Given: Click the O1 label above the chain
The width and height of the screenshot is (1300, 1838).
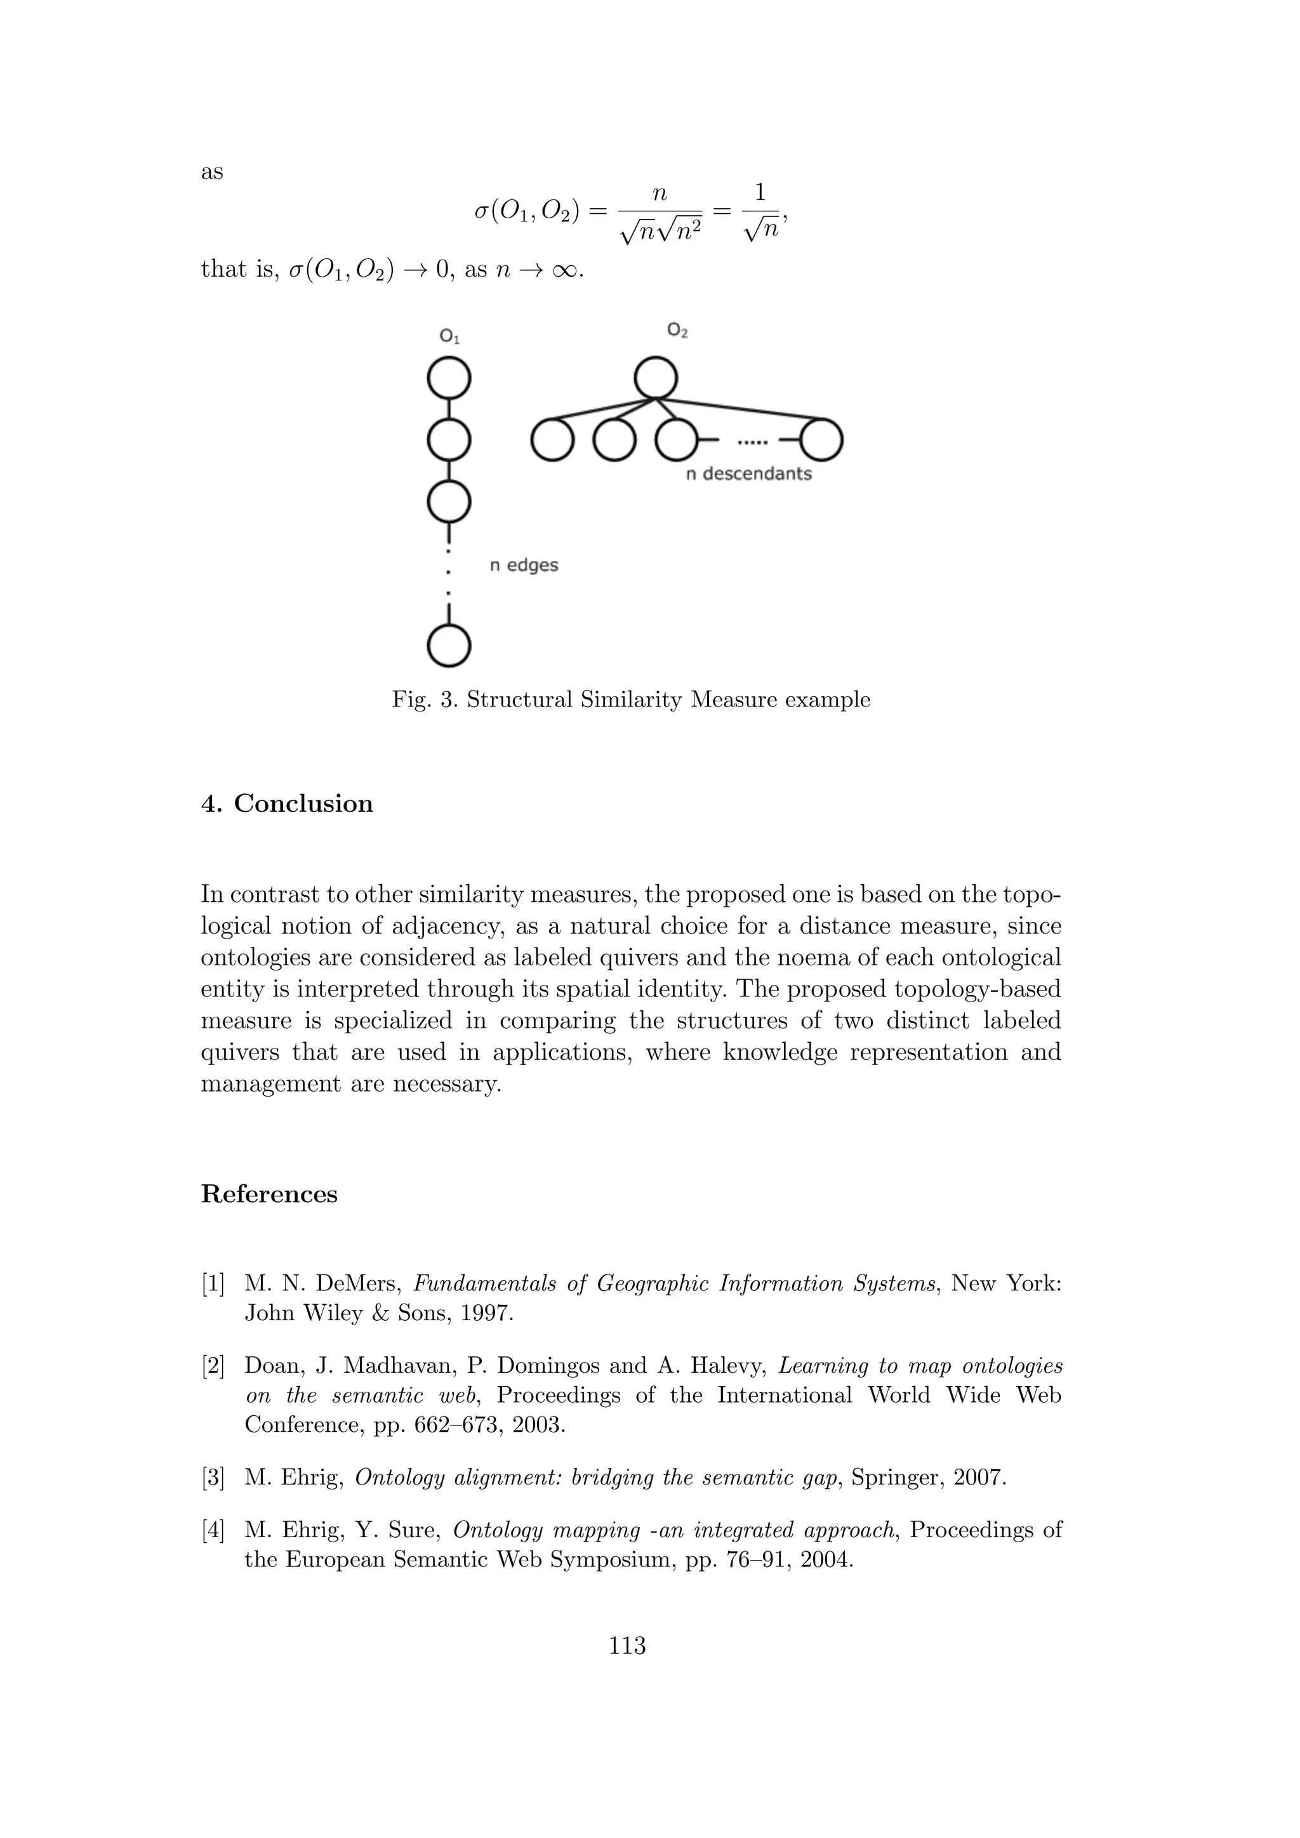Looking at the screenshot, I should (450, 337).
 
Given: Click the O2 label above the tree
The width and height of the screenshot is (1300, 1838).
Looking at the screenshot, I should (677, 330).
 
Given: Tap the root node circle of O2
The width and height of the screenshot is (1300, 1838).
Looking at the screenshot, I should (656, 377).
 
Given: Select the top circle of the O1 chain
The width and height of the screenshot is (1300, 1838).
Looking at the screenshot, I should (449, 378).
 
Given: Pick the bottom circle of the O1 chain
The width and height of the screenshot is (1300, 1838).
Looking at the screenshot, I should (449, 645).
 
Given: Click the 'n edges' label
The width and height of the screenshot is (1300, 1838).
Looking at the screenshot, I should (524, 565).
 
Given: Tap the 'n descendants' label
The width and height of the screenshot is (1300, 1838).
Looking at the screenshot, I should (748, 474).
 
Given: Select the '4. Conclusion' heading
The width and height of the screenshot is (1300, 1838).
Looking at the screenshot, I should (286, 803).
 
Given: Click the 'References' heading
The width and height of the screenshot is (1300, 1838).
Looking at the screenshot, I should (269, 1194).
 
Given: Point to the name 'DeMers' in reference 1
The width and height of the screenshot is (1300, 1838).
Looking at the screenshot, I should (358, 1284).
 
